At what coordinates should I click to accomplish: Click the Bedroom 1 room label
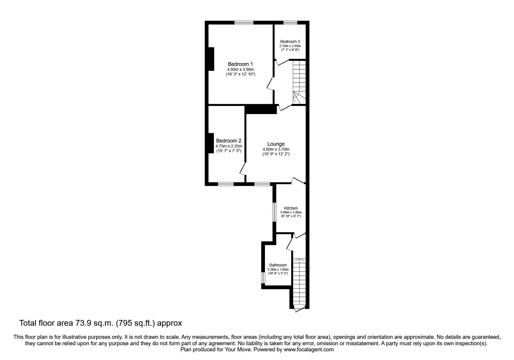240,64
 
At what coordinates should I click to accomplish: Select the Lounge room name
276,144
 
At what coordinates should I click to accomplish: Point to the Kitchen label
291,208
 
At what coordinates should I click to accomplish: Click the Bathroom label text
278,265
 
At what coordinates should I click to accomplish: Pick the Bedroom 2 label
229,141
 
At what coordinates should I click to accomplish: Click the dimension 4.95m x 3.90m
240,69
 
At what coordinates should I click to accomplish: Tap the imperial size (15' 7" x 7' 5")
229,151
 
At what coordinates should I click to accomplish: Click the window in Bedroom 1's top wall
244,22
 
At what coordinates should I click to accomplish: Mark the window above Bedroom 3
290,22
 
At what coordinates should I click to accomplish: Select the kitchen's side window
274,212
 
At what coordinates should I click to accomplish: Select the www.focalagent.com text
309,350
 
